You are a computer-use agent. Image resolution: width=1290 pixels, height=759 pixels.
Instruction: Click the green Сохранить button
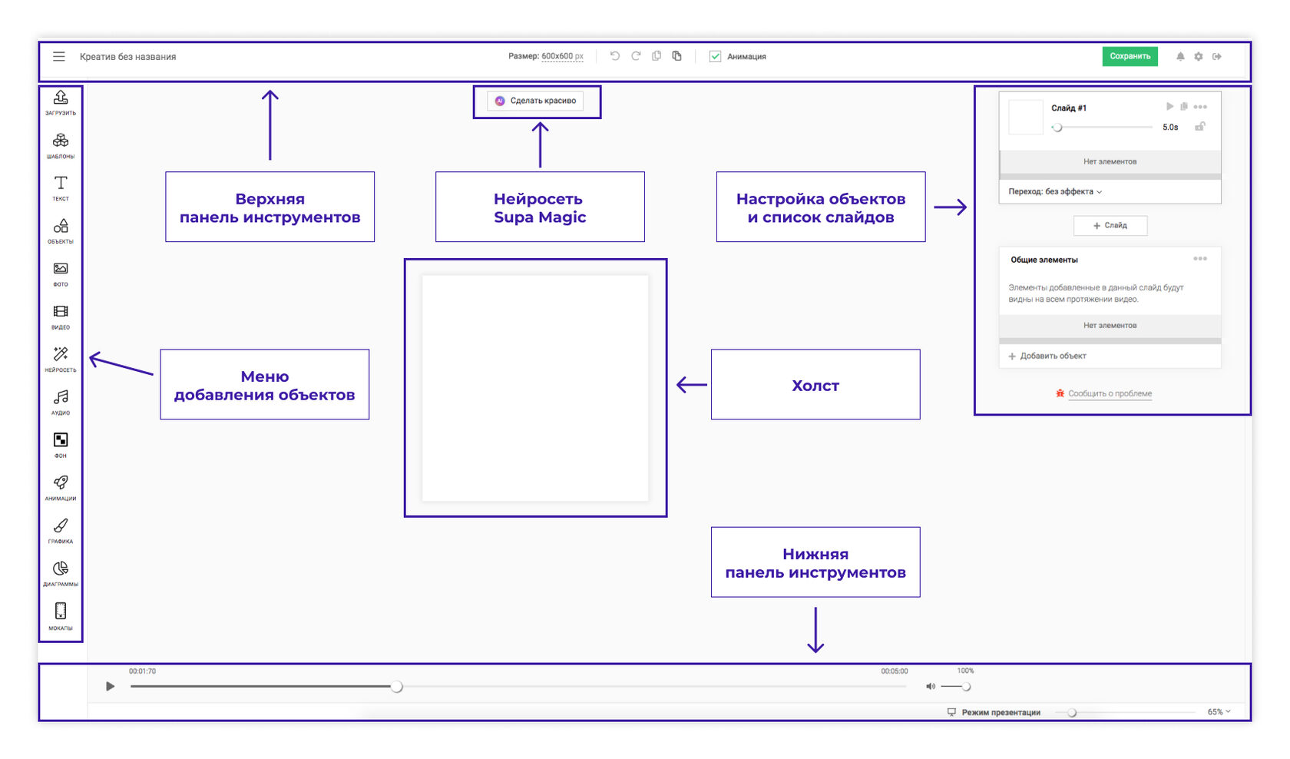coord(1130,57)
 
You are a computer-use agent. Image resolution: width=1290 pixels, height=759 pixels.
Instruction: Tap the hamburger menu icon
coord(58,57)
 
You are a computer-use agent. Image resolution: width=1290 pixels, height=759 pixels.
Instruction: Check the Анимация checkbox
coord(715,57)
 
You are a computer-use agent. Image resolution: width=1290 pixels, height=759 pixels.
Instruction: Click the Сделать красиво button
coord(535,101)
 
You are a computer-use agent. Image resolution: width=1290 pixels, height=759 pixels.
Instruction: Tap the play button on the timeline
coord(110,686)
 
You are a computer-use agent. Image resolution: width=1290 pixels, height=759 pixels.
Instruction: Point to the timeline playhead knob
coord(396,686)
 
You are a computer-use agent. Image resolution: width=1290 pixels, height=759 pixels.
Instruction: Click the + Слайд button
coord(1110,225)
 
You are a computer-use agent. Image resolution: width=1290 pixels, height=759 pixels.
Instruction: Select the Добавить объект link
coord(1047,356)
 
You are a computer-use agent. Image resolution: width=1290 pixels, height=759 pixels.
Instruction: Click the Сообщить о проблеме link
coord(1110,393)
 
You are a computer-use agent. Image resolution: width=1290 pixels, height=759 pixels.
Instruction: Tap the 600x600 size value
coord(557,57)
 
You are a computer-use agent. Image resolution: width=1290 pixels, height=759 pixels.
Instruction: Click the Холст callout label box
coord(815,384)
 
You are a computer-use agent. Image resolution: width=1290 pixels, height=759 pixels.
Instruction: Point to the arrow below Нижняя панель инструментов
coord(815,629)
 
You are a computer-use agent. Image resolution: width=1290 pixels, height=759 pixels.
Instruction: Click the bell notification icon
coord(1180,57)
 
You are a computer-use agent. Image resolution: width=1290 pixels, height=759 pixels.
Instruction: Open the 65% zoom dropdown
coord(1219,712)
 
